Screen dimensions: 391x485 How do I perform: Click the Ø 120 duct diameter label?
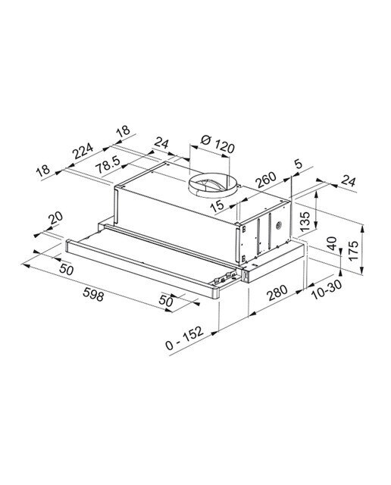[x=217, y=143]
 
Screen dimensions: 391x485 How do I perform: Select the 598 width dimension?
[x=93, y=294]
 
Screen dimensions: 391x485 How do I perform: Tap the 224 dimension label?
[x=83, y=150]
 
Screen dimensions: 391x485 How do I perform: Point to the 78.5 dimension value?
[x=108, y=164]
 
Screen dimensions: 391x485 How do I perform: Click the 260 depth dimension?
[x=266, y=180]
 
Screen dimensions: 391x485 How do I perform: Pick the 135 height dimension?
[x=305, y=222]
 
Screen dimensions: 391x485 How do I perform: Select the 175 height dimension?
[x=353, y=250]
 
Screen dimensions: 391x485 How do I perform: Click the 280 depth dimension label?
[x=277, y=293]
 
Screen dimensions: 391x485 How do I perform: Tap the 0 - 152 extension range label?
[x=184, y=338]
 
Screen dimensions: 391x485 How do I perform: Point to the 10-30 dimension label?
[x=327, y=289]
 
